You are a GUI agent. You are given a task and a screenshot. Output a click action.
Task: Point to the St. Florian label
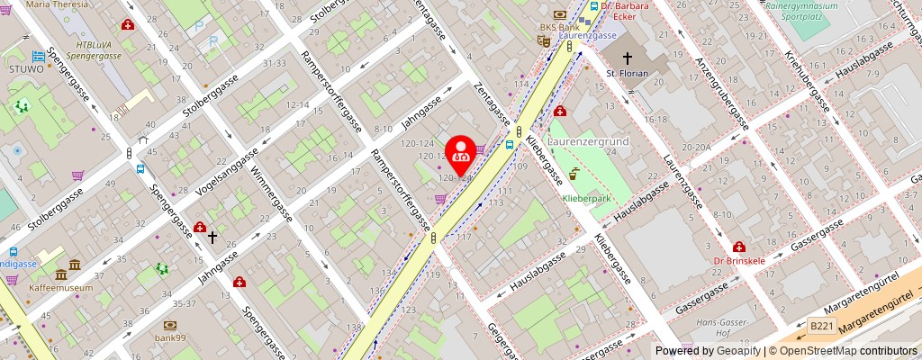click(x=627, y=73)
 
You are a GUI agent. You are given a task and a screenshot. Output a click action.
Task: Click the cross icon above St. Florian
click(x=627, y=56)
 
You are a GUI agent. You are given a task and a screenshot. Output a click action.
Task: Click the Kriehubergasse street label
click(x=806, y=80)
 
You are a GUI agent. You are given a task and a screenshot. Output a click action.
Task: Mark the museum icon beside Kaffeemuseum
click(x=60, y=274)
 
